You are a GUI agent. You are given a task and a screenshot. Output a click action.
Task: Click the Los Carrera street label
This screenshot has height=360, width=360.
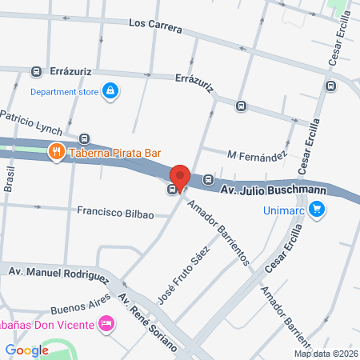click(x=156, y=26)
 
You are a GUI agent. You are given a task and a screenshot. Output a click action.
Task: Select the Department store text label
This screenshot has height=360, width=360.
click(x=64, y=92)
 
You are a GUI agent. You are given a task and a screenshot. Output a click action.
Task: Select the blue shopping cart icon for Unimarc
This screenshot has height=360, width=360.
click(x=318, y=210)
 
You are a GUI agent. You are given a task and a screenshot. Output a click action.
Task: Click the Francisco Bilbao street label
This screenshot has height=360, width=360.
click(x=115, y=213)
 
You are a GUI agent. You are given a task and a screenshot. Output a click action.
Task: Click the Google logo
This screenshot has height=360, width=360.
click(x=26, y=350)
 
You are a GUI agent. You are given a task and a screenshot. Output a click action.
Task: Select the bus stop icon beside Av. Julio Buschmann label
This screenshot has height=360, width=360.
click(x=208, y=179)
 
